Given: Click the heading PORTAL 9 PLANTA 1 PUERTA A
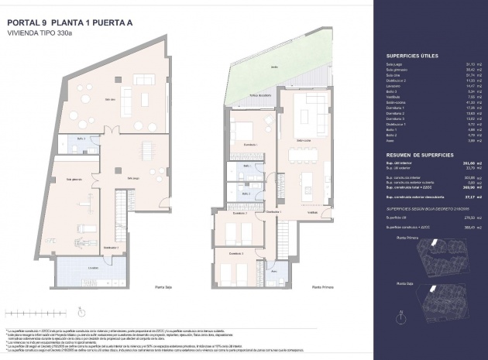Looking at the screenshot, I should [x=70, y=22].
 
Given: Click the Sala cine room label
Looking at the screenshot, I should [x=111, y=98].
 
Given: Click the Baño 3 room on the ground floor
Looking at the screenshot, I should [x=81, y=139].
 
